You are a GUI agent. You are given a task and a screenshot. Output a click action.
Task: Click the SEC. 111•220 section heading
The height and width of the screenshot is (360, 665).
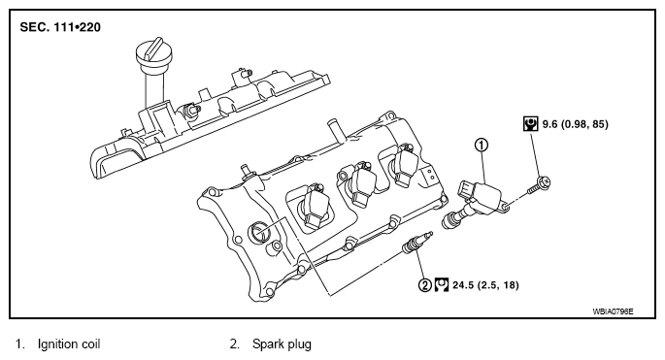(x=60, y=27)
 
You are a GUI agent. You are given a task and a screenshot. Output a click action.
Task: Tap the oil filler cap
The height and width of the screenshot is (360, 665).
(x=154, y=53)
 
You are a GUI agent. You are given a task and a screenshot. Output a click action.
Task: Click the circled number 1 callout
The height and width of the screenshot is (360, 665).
(x=482, y=145)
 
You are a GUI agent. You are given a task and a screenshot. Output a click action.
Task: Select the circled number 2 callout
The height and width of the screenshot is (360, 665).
(x=425, y=285)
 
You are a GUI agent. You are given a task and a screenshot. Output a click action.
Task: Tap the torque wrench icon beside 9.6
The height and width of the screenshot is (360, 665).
(x=530, y=124)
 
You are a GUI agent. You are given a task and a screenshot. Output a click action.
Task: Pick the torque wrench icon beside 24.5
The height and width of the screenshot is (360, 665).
(x=442, y=285)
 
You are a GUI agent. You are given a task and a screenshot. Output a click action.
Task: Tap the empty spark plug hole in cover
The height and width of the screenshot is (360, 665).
(x=258, y=232)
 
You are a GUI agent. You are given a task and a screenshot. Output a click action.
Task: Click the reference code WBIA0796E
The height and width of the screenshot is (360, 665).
(x=613, y=311)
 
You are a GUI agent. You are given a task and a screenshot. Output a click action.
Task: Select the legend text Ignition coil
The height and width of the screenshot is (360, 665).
(x=69, y=344)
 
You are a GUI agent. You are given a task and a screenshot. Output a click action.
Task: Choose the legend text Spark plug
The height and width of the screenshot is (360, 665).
(x=282, y=344)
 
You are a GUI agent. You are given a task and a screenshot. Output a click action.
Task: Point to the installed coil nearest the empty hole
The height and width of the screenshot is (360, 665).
(x=313, y=207)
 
